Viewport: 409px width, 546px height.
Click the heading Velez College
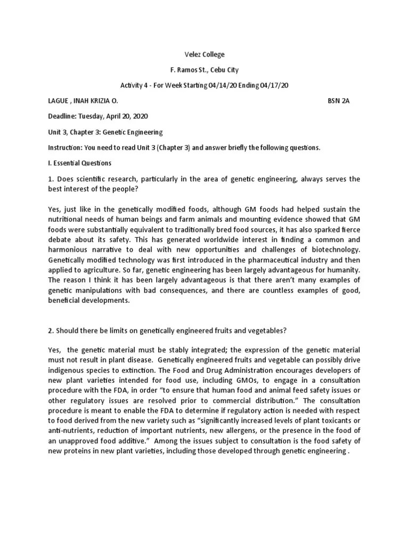(x=204, y=54)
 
